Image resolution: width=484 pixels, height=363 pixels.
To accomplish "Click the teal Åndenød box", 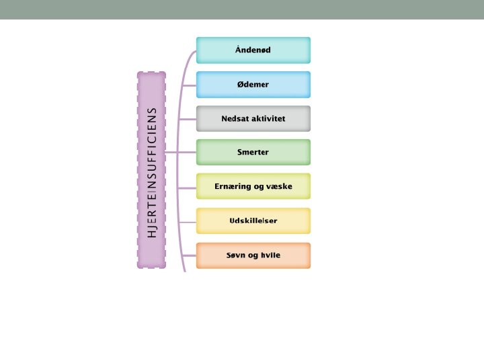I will tap(253, 50).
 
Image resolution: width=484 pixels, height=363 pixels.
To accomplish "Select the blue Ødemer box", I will tap(253, 84).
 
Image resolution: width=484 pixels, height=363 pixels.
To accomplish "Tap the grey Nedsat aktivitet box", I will tap(253, 118).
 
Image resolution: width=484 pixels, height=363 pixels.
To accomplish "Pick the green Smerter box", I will tap(253, 152).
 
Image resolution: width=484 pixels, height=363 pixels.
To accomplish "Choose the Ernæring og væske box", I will tap(253, 186).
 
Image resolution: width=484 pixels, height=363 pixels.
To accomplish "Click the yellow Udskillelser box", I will tap(253, 220).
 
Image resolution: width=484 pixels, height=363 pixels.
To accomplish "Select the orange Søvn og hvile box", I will tap(253, 255).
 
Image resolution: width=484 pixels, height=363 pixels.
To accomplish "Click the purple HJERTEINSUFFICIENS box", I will tap(151, 170).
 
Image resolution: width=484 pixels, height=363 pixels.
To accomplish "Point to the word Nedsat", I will tap(235, 118).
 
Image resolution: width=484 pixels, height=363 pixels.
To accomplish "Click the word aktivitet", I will tap(269, 118).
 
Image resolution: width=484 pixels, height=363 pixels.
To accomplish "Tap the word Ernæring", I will tap(233, 186).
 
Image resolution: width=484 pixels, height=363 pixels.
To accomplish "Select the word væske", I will tap(279, 186).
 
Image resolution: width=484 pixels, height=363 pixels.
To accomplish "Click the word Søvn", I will tap(236, 255).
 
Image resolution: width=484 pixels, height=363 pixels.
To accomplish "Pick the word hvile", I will tap(270, 255).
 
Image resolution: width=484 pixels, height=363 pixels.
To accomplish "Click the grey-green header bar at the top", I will tap(242, 9).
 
